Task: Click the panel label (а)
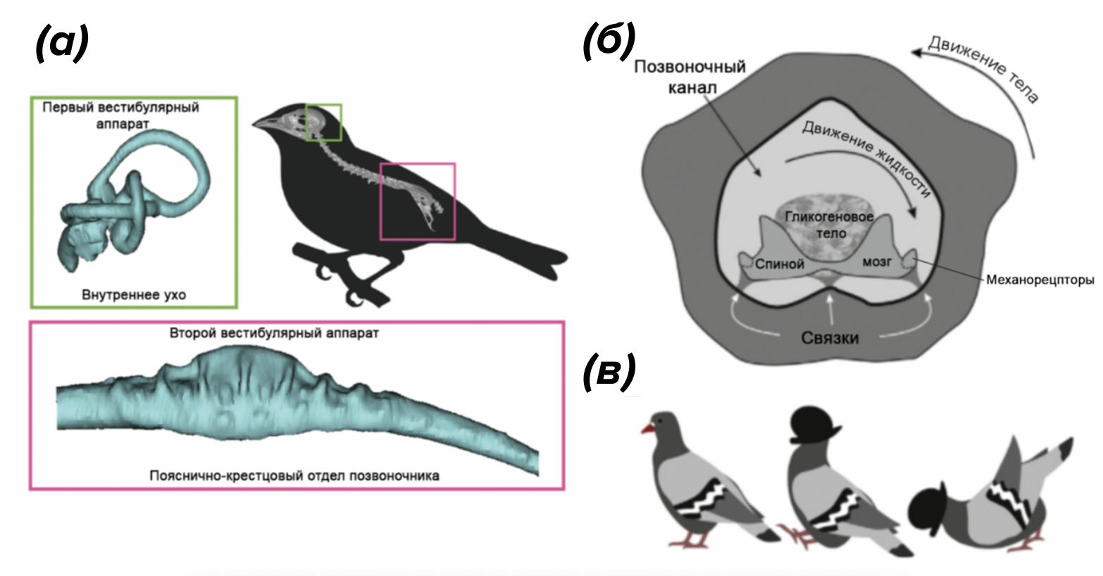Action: point(62,44)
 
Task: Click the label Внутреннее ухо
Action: point(133,294)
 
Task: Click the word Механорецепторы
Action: point(1040,280)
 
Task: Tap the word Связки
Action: point(830,337)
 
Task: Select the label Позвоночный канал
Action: point(690,77)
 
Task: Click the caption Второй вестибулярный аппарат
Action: point(274,333)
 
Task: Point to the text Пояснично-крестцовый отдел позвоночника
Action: point(294,475)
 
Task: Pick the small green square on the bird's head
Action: point(324,123)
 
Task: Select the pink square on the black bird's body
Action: point(418,201)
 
